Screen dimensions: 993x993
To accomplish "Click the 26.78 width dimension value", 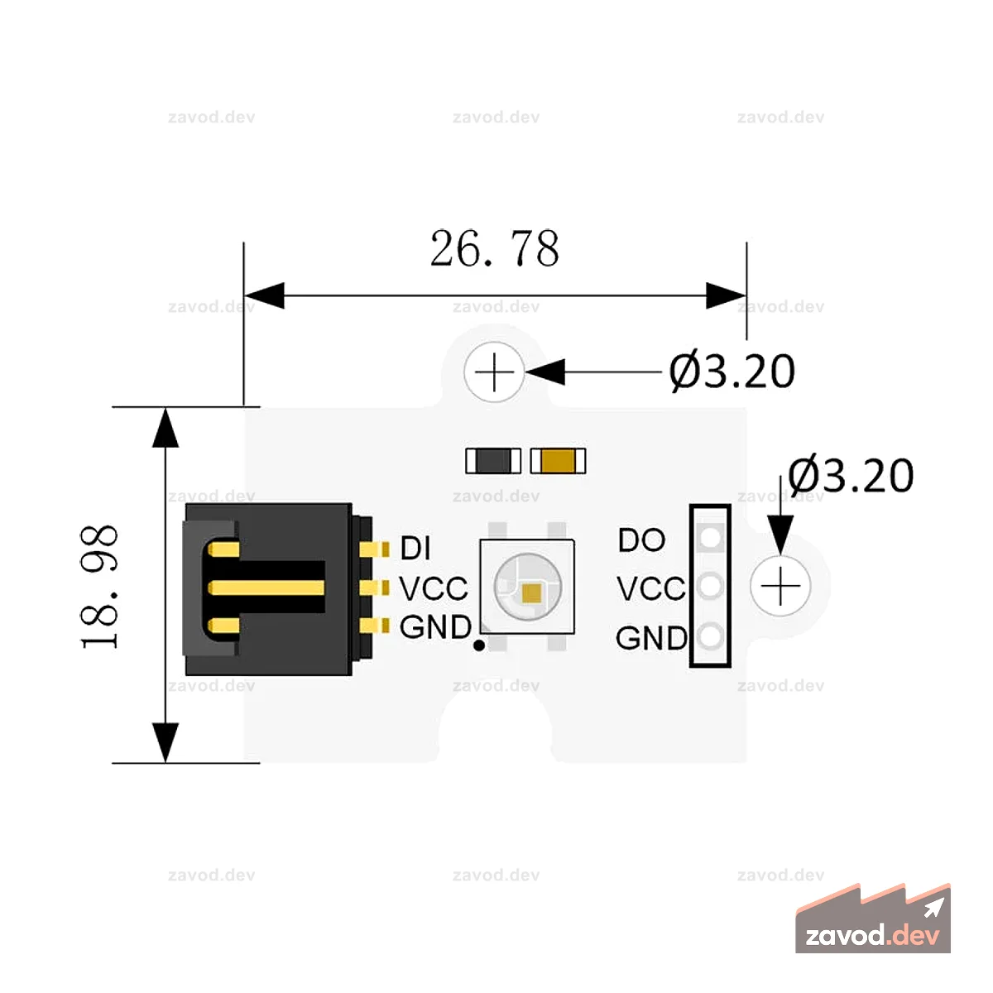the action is coord(494,248).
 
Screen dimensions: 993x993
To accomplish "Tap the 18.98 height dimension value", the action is coord(99,586).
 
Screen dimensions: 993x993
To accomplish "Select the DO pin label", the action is coord(641,540).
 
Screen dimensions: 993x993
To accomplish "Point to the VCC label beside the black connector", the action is coord(434,588).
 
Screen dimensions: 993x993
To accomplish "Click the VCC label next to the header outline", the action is coord(651,588).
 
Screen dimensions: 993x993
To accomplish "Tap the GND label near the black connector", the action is coord(435,627).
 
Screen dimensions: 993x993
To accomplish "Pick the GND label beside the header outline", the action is coord(651,638).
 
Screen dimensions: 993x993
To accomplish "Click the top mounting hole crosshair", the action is coord(494,372).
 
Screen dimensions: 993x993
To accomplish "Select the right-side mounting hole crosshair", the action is coord(780,586).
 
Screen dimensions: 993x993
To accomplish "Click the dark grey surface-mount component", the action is coord(493,461).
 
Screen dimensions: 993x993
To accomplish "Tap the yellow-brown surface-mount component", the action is coord(558,461).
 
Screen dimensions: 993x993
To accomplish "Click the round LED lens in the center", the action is coord(527,587).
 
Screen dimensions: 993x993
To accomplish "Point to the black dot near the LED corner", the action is coord(479,645).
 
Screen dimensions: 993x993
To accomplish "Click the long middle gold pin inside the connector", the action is coord(266,588).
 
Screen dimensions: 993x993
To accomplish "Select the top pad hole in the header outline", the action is coord(711,537).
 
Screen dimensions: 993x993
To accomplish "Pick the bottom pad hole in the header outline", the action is coord(711,636).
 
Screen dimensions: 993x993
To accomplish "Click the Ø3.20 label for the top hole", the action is coord(732,371).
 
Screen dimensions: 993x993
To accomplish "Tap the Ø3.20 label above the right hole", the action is coord(851,475).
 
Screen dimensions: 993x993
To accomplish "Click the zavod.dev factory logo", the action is coord(873,919).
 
